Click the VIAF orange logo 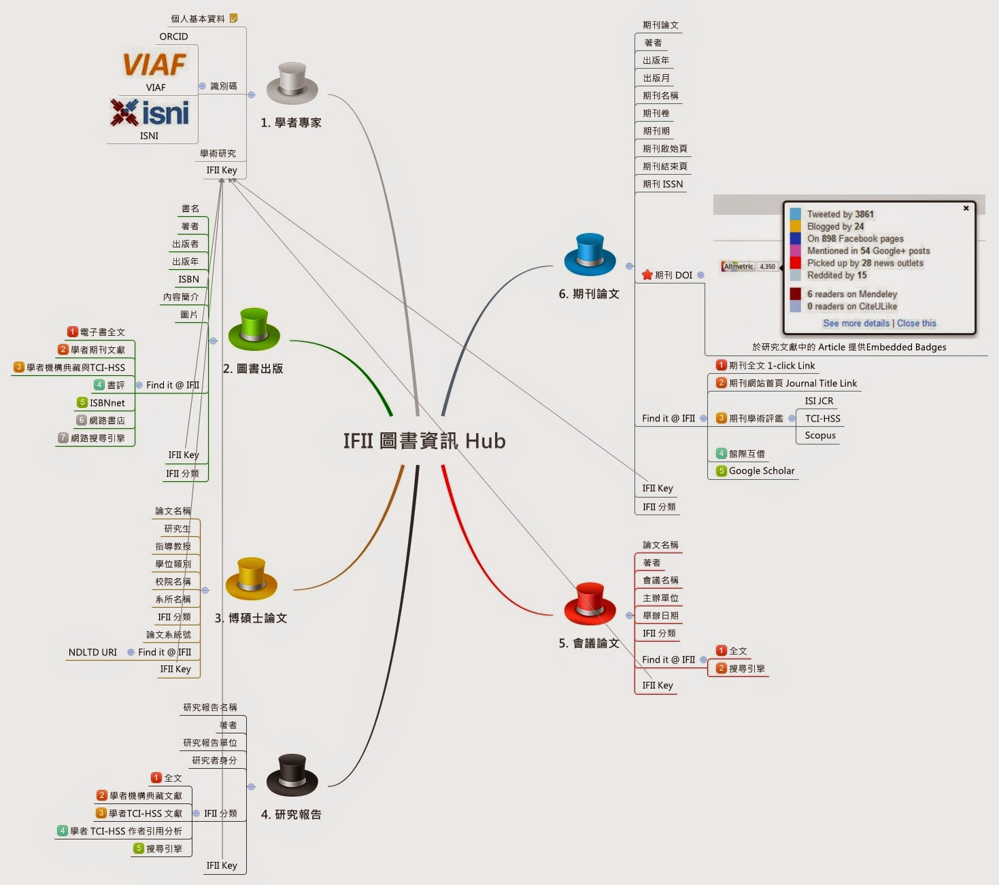click(154, 65)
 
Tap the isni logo click(150, 113)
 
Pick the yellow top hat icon click(251, 578)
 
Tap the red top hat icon click(590, 603)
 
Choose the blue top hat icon click(590, 254)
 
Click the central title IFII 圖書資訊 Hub click(424, 441)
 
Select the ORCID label click(173, 37)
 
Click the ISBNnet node click(107, 403)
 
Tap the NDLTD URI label click(92, 653)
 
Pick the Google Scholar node click(761, 471)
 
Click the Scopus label click(820, 436)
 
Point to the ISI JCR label click(819, 401)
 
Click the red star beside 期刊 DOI click(647, 275)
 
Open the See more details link click(856, 324)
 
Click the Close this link click(917, 324)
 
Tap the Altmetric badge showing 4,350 click(749, 266)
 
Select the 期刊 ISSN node click(662, 184)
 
